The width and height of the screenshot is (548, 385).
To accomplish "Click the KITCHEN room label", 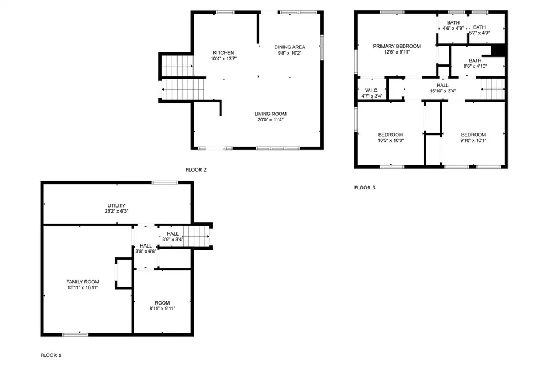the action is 224,52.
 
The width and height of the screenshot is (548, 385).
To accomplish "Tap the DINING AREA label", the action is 289,47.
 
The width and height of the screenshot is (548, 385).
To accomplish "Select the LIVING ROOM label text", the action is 270,114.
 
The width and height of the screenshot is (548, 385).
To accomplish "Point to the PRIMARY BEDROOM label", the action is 397,46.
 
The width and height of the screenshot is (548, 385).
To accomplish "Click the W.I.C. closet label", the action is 372,90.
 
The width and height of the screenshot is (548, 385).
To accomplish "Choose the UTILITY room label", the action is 116,205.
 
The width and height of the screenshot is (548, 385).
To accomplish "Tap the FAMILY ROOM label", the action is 83,282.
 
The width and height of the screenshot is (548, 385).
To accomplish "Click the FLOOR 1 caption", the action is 51,355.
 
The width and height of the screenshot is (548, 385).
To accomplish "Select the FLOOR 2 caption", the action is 196,170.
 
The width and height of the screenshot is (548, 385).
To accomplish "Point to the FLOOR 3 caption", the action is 365,188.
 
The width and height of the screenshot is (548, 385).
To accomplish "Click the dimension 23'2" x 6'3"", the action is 116,212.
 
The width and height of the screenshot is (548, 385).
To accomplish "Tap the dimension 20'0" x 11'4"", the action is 270,120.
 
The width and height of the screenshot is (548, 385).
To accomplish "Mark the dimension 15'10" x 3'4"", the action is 442,91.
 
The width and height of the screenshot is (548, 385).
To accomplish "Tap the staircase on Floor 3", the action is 493,89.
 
